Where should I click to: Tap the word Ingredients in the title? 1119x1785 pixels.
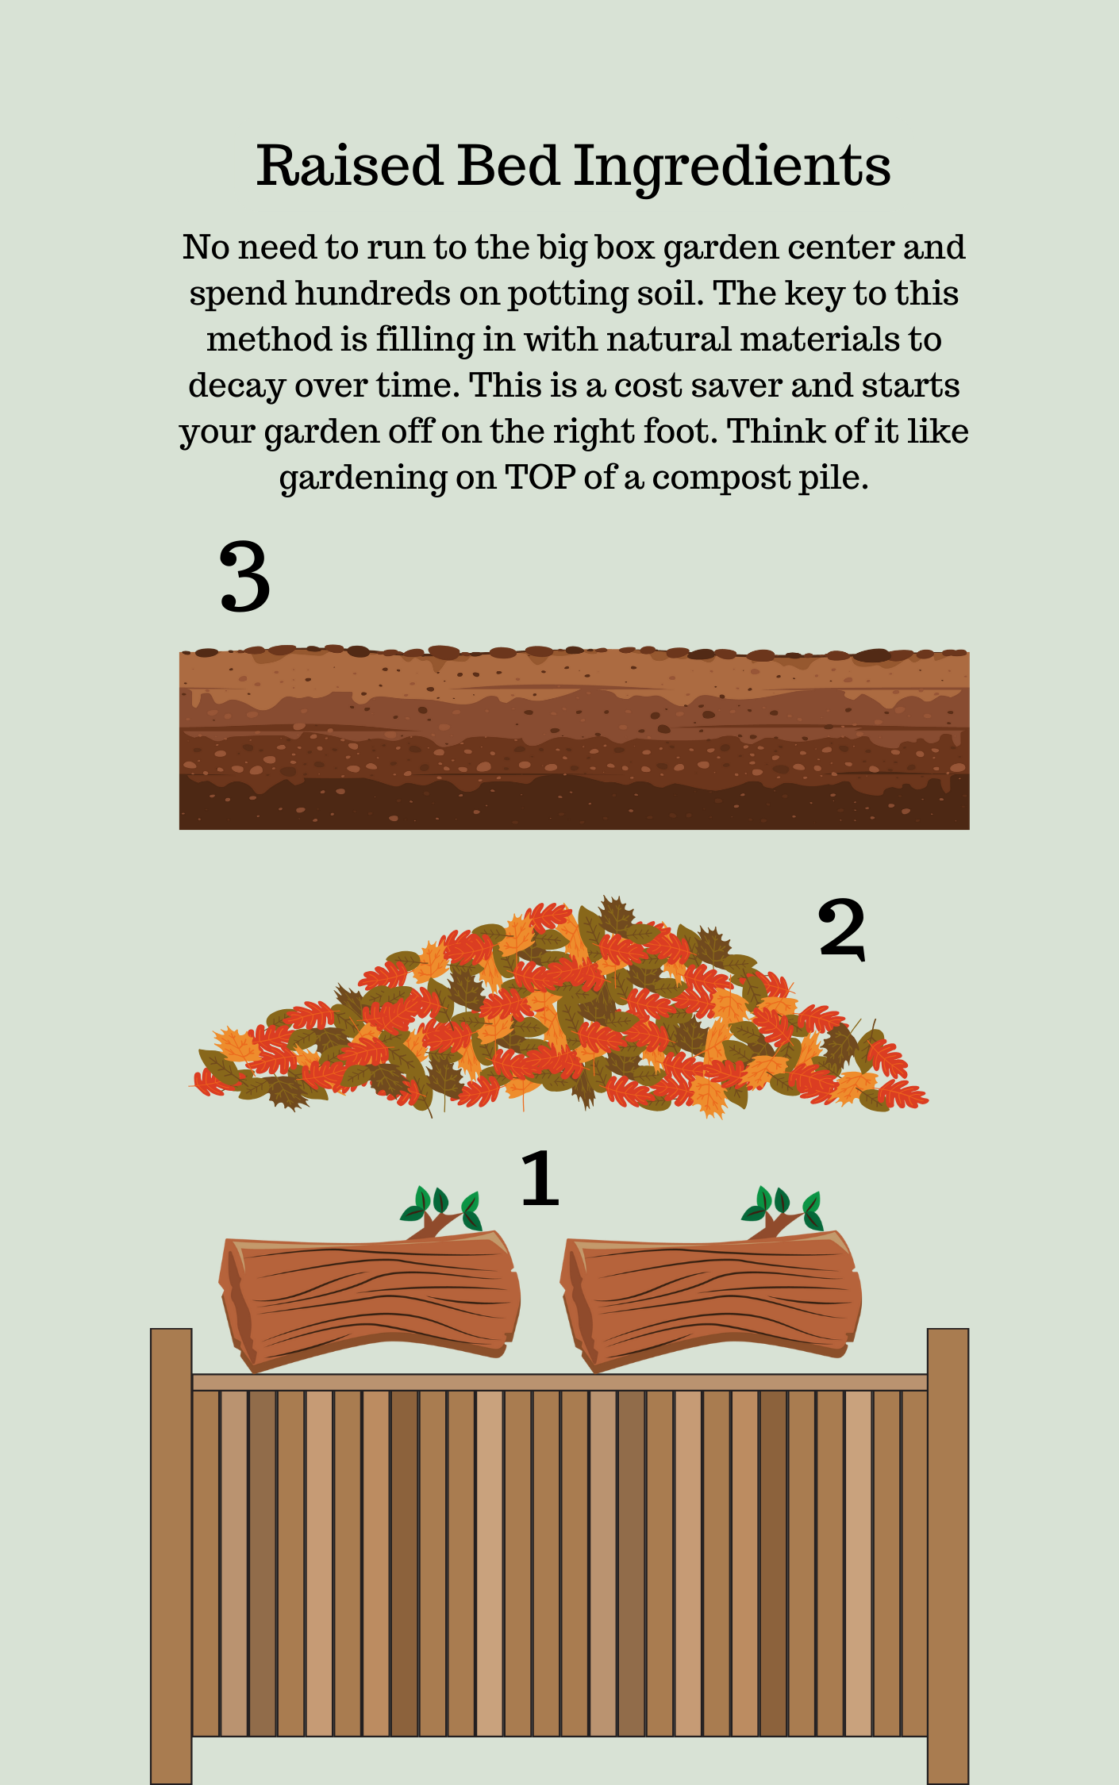(732, 168)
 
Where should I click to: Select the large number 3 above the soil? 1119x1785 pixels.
(244, 577)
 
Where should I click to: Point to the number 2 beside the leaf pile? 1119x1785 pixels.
(841, 928)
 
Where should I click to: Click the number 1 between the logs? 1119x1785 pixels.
(540, 1178)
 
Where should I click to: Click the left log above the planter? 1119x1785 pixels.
(370, 1301)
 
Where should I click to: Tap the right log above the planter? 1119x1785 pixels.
(711, 1301)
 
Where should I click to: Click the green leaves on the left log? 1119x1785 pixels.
(441, 1206)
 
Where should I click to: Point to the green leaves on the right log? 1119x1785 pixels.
(783, 1206)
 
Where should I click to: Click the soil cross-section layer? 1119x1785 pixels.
(574, 738)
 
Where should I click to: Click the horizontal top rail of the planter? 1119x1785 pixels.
(559, 1382)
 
